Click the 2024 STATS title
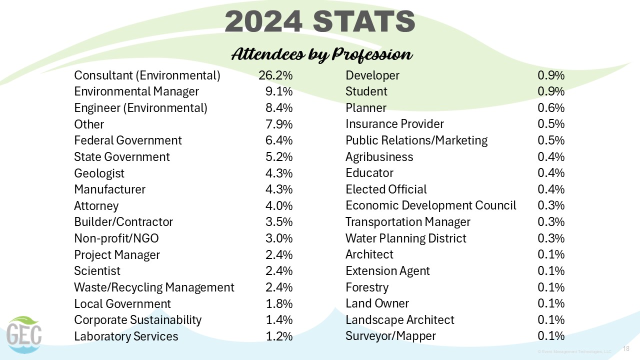point(320,22)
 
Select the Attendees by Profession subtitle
point(321,54)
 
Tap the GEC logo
point(24,334)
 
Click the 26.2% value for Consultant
point(275,75)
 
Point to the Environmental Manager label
point(136,91)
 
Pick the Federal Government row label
point(128,140)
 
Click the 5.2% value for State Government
point(278,157)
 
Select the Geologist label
point(99,173)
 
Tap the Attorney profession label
point(96,206)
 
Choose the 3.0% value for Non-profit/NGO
point(278,238)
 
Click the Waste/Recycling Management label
point(154,287)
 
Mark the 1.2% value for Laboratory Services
point(278,336)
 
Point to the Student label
point(366,91)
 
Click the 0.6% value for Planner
point(551,108)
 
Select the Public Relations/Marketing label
point(416,140)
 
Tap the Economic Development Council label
point(430,205)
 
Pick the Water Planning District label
point(405,238)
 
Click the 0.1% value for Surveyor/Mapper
point(551,336)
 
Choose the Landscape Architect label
point(399,320)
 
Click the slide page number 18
point(625,348)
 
